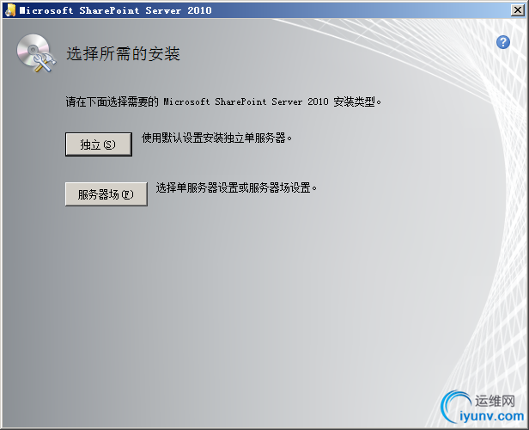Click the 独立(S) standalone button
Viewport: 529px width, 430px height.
pos(99,144)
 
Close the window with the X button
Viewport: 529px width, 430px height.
pos(518,10)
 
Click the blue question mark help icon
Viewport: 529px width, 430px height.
pos(503,42)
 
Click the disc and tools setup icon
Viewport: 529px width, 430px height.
pos(36,53)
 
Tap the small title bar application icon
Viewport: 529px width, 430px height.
pos(10,10)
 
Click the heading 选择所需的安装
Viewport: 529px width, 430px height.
pos(123,53)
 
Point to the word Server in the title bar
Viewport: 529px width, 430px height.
pos(163,10)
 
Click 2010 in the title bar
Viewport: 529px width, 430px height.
pos(199,10)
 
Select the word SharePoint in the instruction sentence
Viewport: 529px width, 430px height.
pos(240,101)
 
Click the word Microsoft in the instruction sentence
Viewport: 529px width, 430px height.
pos(186,101)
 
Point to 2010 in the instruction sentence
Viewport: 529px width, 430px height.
pos(318,101)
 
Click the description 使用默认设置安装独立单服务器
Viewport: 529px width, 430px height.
pos(216,138)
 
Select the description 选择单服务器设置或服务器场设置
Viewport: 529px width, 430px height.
pos(236,187)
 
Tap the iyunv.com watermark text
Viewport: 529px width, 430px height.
pos(491,416)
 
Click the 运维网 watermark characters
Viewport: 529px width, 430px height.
pos(496,401)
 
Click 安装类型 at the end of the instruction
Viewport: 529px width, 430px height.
pos(355,101)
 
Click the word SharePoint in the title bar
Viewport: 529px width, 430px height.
pos(109,10)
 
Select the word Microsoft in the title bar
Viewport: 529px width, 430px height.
pos(46,10)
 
